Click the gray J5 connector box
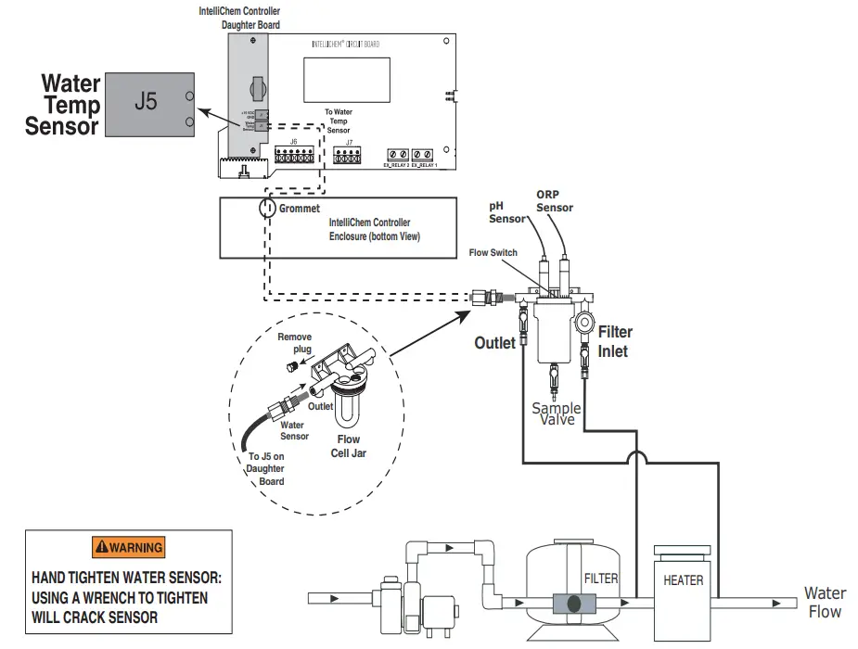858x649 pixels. point(147,103)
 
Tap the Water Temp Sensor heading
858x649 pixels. point(63,105)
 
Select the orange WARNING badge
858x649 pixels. point(128,547)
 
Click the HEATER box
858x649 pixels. point(683,580)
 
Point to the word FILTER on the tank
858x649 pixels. point(601,579)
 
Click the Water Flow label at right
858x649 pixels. point(824,602)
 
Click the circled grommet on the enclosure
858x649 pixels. point(267,207)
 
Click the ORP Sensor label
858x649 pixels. point(554,201)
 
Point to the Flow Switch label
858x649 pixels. point(493,252)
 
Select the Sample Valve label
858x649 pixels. point(556,414)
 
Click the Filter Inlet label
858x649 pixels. point(615,341)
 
